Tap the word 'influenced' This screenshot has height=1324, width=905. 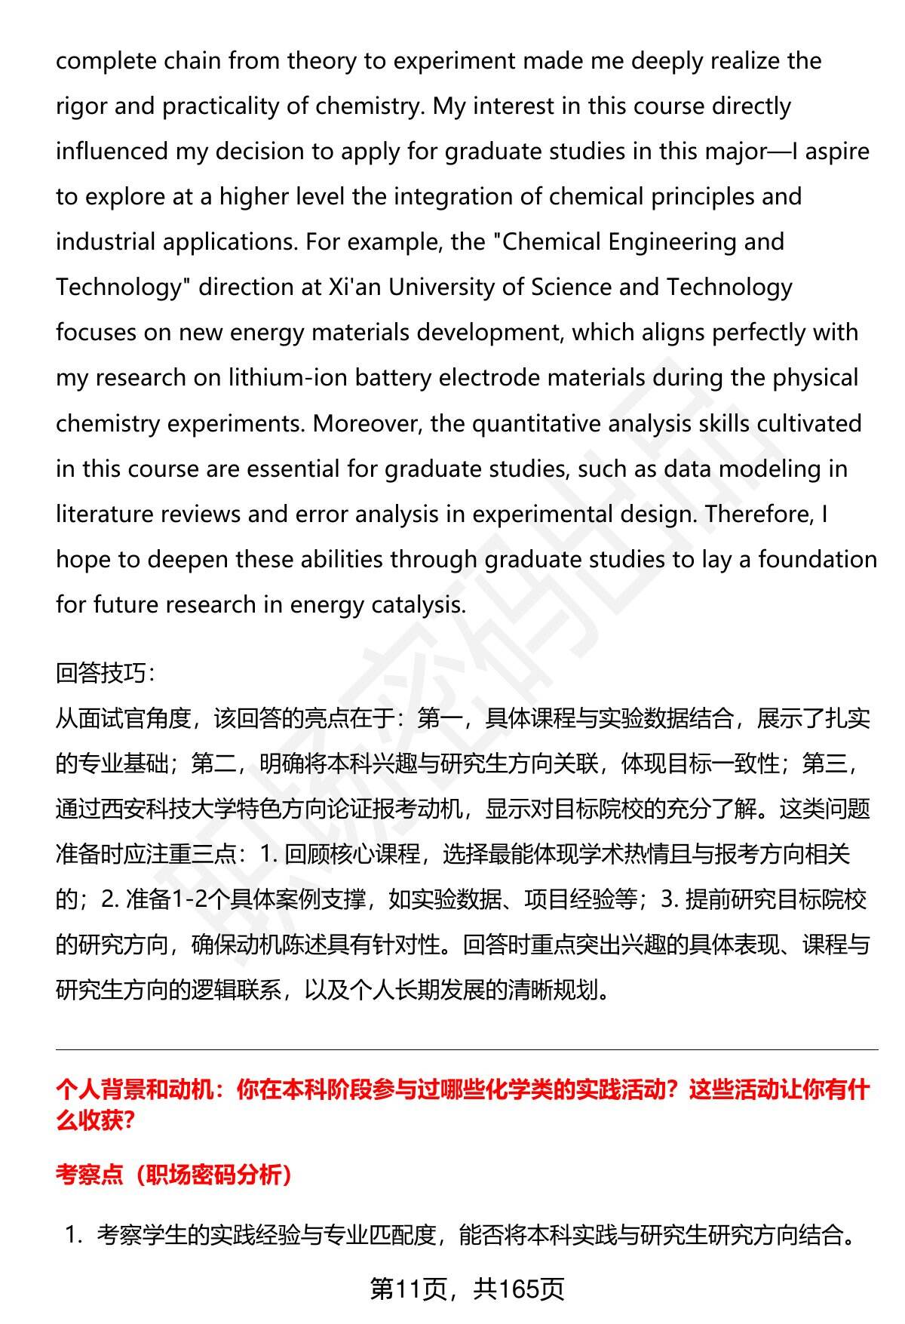tap(112, 151)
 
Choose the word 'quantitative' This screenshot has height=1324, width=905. tap(536, 423)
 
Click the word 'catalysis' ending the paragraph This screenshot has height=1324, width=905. tap(419, 604)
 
